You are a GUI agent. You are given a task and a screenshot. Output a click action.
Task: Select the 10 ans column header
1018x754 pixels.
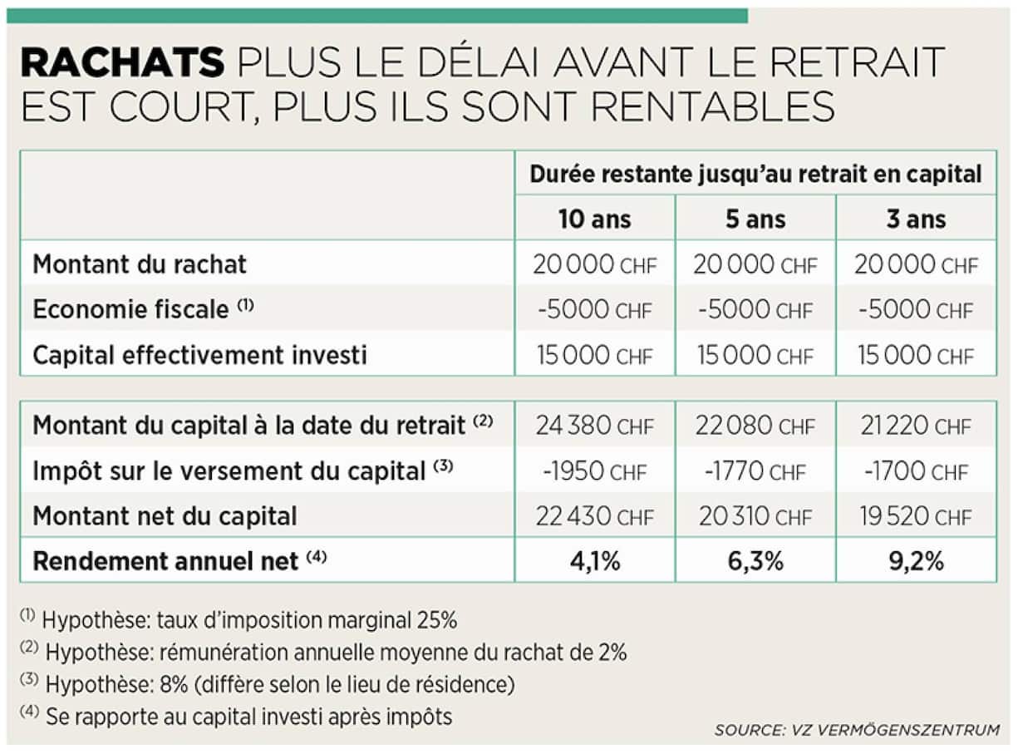tap(594, 219)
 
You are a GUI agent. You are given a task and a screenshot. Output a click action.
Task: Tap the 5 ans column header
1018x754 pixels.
tap(755, 219)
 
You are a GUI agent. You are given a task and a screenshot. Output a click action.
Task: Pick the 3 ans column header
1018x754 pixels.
tap(916, 219)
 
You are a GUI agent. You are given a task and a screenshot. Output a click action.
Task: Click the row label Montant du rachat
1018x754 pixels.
tap(140, 264)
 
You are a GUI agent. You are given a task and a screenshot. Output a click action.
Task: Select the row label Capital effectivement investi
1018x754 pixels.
tap(199, 355)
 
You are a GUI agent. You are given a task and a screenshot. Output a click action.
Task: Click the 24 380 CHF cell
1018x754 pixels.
tap(594, 426)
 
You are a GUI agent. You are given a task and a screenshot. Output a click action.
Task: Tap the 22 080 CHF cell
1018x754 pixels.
tap(755, 426)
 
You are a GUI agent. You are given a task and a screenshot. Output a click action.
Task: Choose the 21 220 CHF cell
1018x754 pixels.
tap(916, 426)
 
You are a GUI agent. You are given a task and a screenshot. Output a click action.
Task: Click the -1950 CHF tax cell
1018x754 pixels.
tap(594, 471)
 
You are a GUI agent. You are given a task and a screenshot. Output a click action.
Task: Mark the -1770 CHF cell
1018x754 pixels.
tap(755, 471)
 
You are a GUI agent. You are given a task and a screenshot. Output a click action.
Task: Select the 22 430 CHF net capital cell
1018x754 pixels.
tap(594, 516)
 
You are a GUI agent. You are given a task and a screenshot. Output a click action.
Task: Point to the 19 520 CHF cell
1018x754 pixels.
tap(916, 516)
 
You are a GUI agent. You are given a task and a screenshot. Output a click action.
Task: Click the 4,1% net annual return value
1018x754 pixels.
tap(594, 561)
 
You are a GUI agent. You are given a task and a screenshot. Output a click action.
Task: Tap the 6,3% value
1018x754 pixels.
tap(755, 561)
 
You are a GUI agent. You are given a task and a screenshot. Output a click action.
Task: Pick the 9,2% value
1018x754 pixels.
tap(916, 561)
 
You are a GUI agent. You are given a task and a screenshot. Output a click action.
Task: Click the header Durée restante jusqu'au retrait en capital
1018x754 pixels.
tap(755, 174)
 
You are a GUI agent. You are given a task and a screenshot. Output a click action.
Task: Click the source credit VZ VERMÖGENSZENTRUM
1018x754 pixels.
tap(857, 731)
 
